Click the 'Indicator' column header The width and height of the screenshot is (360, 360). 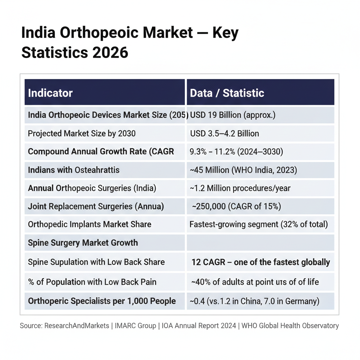pos(50,93)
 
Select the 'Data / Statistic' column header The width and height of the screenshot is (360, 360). pos(227,93)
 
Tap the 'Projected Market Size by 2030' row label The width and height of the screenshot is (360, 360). pos(82,134)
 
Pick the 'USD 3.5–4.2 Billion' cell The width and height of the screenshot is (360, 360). pos(225,134)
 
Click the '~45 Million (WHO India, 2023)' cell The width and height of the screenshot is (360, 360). pos(243,170)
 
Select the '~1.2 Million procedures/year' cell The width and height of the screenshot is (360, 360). pos(240,188)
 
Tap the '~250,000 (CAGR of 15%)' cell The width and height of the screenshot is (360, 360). pos(236,206)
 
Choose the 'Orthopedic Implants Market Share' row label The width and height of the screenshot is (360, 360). pos(90,224)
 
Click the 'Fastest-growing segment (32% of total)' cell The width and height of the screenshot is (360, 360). pos(258,224)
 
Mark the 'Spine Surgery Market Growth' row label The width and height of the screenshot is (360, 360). pos(83,243)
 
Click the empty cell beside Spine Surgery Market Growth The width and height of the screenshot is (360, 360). pos(260,243)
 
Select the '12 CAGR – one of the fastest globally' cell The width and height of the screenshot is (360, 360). pos(261,262)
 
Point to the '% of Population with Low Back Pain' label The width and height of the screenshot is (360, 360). pos(92,282)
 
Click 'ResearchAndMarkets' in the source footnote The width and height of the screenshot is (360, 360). pos(77,326)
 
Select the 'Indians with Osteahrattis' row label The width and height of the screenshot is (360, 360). pos(74,170)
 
